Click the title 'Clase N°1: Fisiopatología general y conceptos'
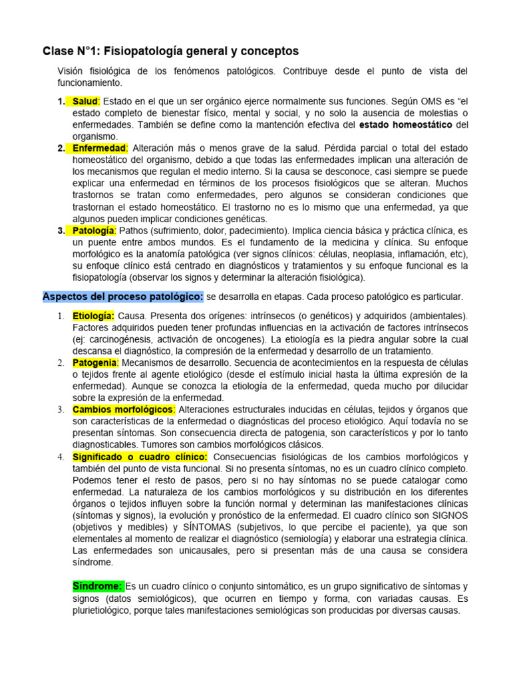click(170, 51)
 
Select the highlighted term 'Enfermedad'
click(99, 148)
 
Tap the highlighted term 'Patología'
click(94, 230)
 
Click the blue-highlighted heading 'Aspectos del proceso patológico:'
click(123, 296)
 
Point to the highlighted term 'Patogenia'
click(95, 362)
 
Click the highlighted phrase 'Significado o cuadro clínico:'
click(140, 457)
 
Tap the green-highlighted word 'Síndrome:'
click(98, 586)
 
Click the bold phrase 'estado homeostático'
click(406, 124)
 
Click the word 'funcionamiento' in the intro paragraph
click(89, 82)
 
